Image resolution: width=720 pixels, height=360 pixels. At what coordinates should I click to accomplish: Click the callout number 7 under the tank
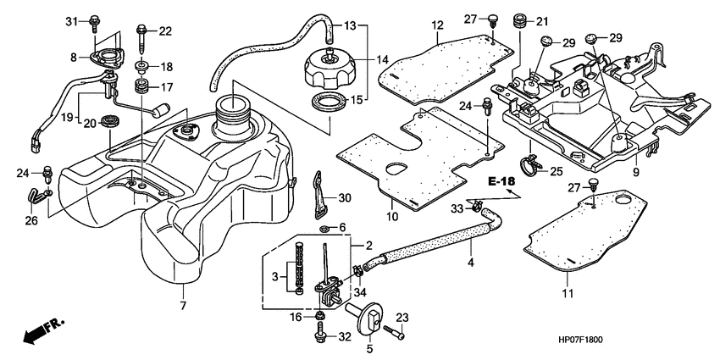(x=182, y=303)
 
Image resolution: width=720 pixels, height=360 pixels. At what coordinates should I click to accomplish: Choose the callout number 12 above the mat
(x=437, y=25)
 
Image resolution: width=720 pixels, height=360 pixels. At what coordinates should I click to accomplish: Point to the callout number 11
(x=568, y=293)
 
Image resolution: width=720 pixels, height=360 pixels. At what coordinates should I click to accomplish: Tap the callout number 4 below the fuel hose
(x=470, y=263)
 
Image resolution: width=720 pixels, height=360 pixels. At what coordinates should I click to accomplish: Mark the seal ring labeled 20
(x=109, y=118)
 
